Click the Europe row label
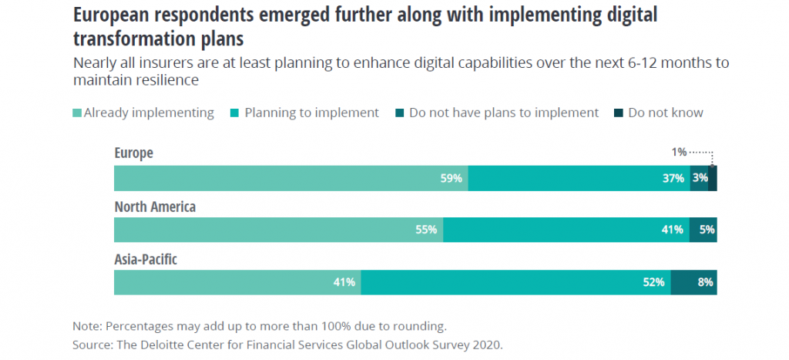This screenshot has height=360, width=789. click(133, 153)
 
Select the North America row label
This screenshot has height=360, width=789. click(155, 207)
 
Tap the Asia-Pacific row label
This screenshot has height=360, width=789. click(146, 260)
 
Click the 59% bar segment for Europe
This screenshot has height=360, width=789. click(290, 178)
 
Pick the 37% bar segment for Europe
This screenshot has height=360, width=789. click(578, 178)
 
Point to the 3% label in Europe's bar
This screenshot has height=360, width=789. click(700, 178)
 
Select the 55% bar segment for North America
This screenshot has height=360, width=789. click(278, 230)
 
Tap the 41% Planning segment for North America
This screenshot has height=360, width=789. click(566, 230)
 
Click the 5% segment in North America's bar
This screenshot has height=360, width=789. click(703, 230)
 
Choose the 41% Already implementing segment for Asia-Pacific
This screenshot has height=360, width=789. click(237, 282)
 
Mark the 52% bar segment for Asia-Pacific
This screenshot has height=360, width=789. click(515, 282)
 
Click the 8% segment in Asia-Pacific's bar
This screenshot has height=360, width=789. click(694, 282)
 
